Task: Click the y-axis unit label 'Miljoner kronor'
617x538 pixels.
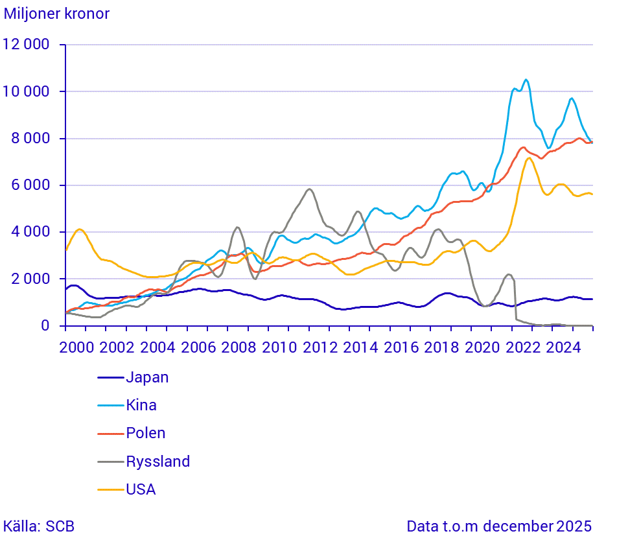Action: [x=57, y=14]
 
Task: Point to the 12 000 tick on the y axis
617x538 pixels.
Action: [x=27, y=45]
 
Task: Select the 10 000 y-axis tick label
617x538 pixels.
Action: [x=27, y=91]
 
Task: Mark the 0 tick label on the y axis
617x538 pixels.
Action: [x=45, y=325]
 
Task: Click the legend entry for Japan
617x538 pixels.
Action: [x=147, y=377]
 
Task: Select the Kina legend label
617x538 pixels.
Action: [x=141, y=405]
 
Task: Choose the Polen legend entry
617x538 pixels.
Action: [x=145, y=433]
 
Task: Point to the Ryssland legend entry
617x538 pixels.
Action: [x=157, y=462]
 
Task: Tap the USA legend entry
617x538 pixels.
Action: [x=141, y=489]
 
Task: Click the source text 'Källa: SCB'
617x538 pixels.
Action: [x=39, y=526]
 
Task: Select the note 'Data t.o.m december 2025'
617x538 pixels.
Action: [x=499, y=526]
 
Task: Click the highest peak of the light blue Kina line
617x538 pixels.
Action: [x=526, y=80]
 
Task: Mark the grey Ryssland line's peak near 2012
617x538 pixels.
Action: [x=310, y=189]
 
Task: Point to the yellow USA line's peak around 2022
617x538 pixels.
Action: [x=530, y=158]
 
